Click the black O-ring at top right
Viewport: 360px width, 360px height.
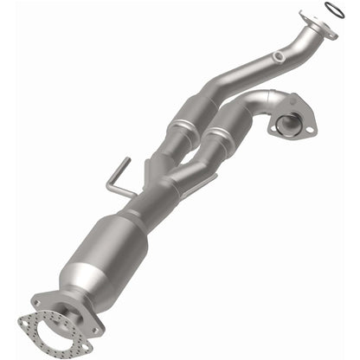[331, 10]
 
